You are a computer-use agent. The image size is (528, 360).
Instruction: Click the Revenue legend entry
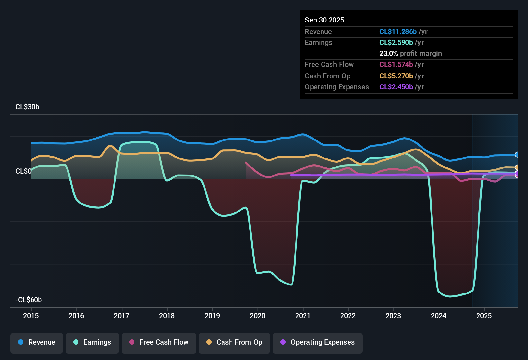(37, 342)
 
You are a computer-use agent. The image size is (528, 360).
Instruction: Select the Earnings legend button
(92, 342)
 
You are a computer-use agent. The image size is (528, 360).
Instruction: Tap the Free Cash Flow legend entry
(159, 342)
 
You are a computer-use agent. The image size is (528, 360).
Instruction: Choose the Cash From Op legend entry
(234, 342)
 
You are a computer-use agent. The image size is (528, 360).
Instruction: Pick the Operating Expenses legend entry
(318, 342)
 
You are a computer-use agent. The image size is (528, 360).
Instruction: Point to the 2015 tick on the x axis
(31, 316)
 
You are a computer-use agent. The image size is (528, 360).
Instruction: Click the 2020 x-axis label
(258, 316)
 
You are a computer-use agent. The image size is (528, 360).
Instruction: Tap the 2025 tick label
(484, 316)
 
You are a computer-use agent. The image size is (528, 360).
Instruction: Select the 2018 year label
(167, 316)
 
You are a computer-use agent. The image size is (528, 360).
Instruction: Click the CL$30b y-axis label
(27, 107)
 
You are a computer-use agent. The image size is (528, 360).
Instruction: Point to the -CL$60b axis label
(29, 300)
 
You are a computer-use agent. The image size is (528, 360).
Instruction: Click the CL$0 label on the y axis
(23, 171)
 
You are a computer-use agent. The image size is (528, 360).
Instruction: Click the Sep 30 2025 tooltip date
(324, 20)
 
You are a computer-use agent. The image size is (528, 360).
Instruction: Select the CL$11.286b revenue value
(398, 32)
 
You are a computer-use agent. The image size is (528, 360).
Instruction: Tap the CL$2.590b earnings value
(396, 42)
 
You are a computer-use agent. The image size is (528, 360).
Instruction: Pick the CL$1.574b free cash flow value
(396, 64)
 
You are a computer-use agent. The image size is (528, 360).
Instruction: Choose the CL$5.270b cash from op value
(396, 76)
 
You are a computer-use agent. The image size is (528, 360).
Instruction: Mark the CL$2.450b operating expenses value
(396, 87)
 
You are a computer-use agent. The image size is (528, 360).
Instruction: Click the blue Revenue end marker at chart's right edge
(517, 155)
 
